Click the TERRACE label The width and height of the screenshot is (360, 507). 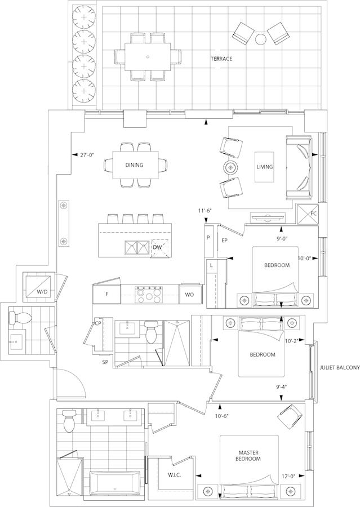pyautogui.click(x=221, y=59)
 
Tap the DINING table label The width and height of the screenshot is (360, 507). pyautogui.click(x=134, y=165)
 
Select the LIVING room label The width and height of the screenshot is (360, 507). pyautogui.click(x=265, y=167)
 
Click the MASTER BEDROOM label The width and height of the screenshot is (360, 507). pyautogui.click(x=249, y=456)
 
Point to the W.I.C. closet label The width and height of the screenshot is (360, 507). pyautogui.click(x=174, y=475)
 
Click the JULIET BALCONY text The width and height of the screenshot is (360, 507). pyautogui.click(x=340, y=368)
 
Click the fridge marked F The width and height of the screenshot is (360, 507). pyautogui.click(x=106, y=294)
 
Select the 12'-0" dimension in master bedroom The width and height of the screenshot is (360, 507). pyautogui.click(x=288, y=476)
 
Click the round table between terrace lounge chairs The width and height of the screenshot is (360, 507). pyautogui.click(x=261, y=39)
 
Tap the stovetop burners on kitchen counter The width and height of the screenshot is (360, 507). pyautogui.click(x=149, y=294)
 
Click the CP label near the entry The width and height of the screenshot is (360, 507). pyautogui.click(x=99, y=323)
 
